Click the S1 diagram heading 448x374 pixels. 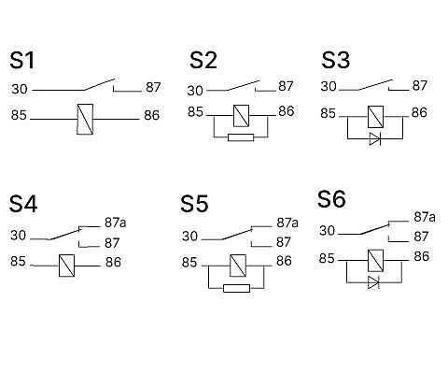pyautogui.click(x=21, y=60)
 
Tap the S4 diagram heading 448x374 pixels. pyautogui.click(x=23, y=204)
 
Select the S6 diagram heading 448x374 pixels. pyautogui.click(x=331, y=199)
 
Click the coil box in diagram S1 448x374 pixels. pyautogui.click(x=85, y=119)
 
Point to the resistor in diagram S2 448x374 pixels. pyautogui.click(x=241, y=137)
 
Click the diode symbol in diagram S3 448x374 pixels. pyautogui.click(x=375, y=138)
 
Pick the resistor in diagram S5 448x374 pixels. pyautogui.click(x=236, y=288)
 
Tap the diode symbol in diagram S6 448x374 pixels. pyautogui.click(x=373, y=282)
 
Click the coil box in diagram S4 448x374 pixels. pyautogui.click(x=66, y=266)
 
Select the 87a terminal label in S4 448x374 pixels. pyautogui.click(x=116, y=223)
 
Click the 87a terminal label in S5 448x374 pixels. pyautogui.click(x=287, y=223)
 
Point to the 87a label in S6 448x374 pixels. pyautogui.click(x=425, y=217)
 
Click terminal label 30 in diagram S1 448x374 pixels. pyautogui.click(x=20, y=89)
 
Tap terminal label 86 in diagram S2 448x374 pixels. pyautogui.click(x=287, y=111)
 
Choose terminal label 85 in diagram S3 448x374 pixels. pyautogui.click(x=329, y=113)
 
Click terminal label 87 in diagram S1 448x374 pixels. pyautogui.click(x=153, y=87)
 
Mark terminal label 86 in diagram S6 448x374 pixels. pyautogui.click(x=422, y=256)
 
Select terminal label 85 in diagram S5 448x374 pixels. pyautogui.click(x=189, y=263)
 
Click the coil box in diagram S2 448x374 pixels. pyautogui.click(x=241, y=116)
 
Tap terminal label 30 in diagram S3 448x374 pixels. pyautogui.click(x=329, y=86)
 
